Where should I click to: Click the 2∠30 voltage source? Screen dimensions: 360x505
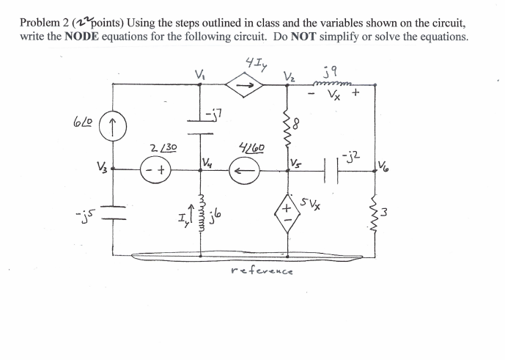coord(157,174)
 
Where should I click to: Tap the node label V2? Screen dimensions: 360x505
coord(288,76)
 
